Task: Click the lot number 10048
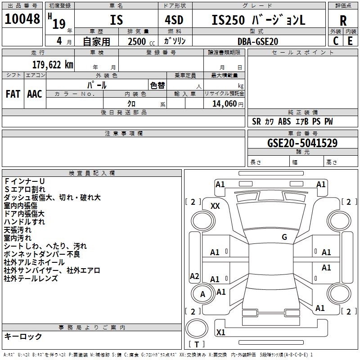[22, 19]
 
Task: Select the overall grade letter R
[343, 21]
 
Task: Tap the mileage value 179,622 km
[53, 65]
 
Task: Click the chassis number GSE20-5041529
[302, 143]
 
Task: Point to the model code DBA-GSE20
[258, 41]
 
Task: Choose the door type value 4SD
[174, 20]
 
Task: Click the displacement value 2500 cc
[141, 41]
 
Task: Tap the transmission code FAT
[13, 94]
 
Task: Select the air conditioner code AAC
[35, 94]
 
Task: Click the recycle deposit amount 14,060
[225, 104]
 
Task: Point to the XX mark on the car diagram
[215, 206]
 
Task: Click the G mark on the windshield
[284, 237]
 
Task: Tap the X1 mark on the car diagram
[220, 332]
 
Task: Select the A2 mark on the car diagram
[194, 276]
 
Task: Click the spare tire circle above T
[197, 328]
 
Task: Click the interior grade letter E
[350, 41]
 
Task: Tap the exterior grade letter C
[336, 41]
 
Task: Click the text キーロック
[23, 336]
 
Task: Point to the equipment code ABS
[284, 121]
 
